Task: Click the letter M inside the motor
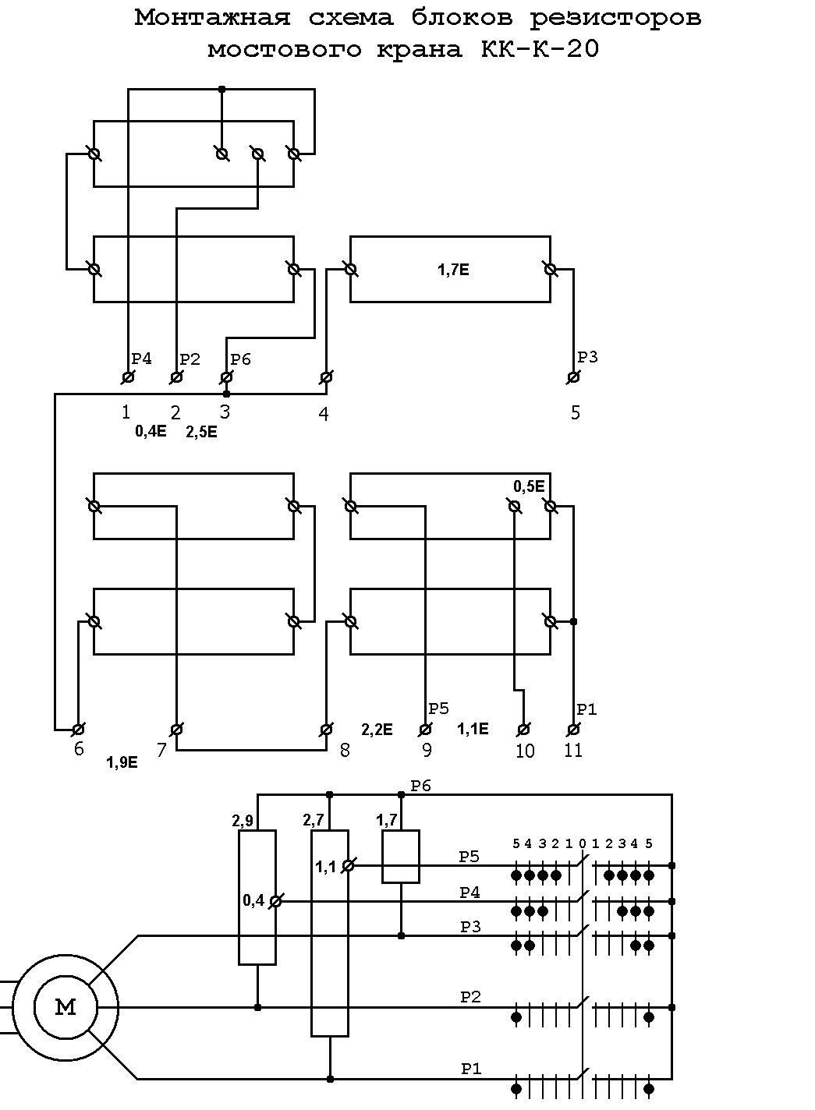tap(66, 1007)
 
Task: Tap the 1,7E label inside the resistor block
tap(453, 270)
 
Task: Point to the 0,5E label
tap(529, 486)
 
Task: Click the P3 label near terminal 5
tap(587, 357)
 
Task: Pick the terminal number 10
tap(525, 751)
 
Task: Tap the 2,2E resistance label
tap(377, 730)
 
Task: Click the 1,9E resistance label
tap(122, 762)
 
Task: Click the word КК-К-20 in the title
tap(540, 48)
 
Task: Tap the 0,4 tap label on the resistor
tap(253, 900)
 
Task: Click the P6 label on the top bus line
tap(421, 786)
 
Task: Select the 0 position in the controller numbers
tap(583, 843)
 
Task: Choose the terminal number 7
tap(161, 750)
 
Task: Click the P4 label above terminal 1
tap(141, 359)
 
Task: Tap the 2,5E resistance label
tap(201, 432)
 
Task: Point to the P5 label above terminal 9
tap(439, 709)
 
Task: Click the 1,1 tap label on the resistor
tap(326, 867)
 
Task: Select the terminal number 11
tap(573, 750)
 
